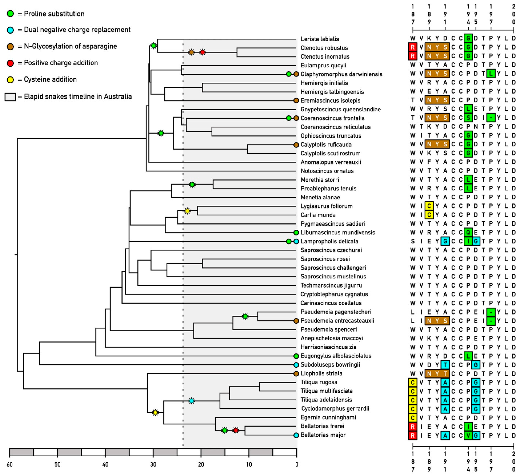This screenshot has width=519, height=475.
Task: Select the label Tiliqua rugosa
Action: [x=319, y=382]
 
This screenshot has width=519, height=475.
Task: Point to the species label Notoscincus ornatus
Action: [x=327, y=171]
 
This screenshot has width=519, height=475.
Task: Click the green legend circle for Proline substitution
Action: [x=10, y=14]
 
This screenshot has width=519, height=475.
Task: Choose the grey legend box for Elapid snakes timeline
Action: [x=10, y=97]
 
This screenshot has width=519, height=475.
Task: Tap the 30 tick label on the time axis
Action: [x=153, y=464]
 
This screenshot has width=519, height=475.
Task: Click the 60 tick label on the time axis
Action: [x=10, y=464]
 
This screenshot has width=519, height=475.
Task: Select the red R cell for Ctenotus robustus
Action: [x=413, y=48]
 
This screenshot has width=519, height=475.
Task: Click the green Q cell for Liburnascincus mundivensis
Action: [x=468, y=232]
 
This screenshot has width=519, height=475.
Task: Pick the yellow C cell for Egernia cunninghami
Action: [x=413, y=417]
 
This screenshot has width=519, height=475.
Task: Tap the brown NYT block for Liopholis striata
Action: [x=437, y=373]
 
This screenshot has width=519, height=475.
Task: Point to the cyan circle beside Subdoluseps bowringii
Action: [x=296, y=365]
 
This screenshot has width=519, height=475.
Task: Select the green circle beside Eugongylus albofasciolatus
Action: [x=296, y=356]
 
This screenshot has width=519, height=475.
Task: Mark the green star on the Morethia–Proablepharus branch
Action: [x=192, y=185]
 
